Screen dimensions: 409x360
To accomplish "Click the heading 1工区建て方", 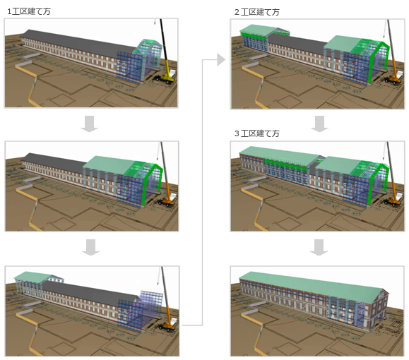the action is [x=29, y=11].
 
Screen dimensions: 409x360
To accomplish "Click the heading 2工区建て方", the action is [x=256, y=12].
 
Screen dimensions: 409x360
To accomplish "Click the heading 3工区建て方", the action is [x=256, y=133].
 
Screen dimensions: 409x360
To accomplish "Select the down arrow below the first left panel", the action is [x=89, y=124].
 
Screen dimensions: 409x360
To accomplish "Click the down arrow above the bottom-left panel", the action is [x=90, y=247].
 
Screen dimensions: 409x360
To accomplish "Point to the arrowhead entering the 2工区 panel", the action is [x=221, y=60].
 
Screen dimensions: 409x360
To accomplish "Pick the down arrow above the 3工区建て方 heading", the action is [x=319, y=124].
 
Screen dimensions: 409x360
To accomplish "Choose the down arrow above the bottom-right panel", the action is [x=319, y=247].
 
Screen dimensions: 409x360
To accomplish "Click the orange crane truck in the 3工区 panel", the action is [x=393, y=200].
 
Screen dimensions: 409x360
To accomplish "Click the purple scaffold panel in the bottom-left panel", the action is [x=151, y=302].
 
